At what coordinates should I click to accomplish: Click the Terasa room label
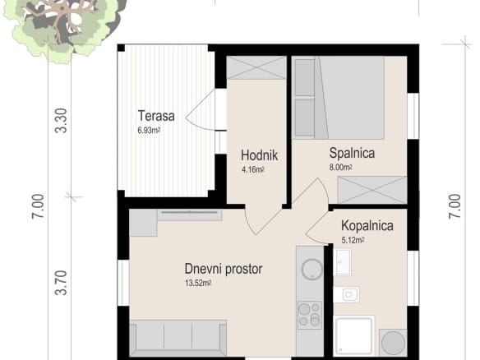(156, 116)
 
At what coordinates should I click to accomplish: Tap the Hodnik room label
(259, 155)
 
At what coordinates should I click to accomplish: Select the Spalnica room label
(352, 153)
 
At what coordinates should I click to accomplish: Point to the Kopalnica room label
(367, 225)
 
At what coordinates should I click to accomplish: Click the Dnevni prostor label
(224, 269)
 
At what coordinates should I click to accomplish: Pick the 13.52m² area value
(198, 283)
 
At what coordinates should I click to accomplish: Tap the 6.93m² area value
(149, 131)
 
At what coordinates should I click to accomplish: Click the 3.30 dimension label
(61, 121)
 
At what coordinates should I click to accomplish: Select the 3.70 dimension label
(61, 283)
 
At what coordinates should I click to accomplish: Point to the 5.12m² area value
(353, 240)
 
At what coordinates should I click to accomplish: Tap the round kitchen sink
(312, 270)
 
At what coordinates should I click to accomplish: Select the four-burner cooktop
(310, 315)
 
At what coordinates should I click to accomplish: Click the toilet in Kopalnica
(347, 294)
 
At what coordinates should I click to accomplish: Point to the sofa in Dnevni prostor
(178, 338)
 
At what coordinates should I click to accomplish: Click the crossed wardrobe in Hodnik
(256, 68)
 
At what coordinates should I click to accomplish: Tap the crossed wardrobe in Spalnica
(372, 190)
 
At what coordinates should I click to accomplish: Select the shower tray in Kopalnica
(354, 336)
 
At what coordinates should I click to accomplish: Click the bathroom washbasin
(344, 262)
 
